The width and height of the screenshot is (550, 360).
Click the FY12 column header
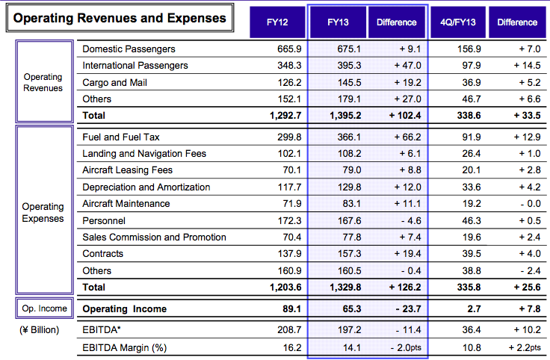(277, 22)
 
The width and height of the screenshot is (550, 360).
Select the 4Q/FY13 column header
(458, 22)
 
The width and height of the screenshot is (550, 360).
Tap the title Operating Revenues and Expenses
(120, 18)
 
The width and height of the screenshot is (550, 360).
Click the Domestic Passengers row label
(129, 49)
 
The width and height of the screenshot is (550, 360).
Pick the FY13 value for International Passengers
(349, 66)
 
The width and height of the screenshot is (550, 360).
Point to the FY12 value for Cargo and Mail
(289, 82)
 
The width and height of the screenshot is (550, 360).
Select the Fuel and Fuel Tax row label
(121, 137)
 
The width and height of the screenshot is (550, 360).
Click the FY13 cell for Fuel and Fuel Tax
(349, 137)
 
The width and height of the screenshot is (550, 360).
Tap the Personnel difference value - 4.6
(410, 221)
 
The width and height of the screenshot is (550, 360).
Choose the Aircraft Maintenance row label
(126, 204)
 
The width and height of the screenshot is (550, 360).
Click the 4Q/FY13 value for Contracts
(471, 254)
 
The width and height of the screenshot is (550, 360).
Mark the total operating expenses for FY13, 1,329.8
(345, 288)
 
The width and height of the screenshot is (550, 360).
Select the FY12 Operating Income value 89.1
(292, 309)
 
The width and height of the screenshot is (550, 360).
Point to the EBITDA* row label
(102, 330)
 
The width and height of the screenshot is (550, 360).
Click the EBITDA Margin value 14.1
(352, 348)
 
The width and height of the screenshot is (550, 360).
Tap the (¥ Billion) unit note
(40, 330)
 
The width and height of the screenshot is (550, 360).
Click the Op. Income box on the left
(45, 308)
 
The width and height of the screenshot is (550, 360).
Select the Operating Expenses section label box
(45, 210)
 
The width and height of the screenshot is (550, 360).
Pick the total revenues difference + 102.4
(405, 116)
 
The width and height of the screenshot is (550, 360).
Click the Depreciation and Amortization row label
(146, 187)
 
